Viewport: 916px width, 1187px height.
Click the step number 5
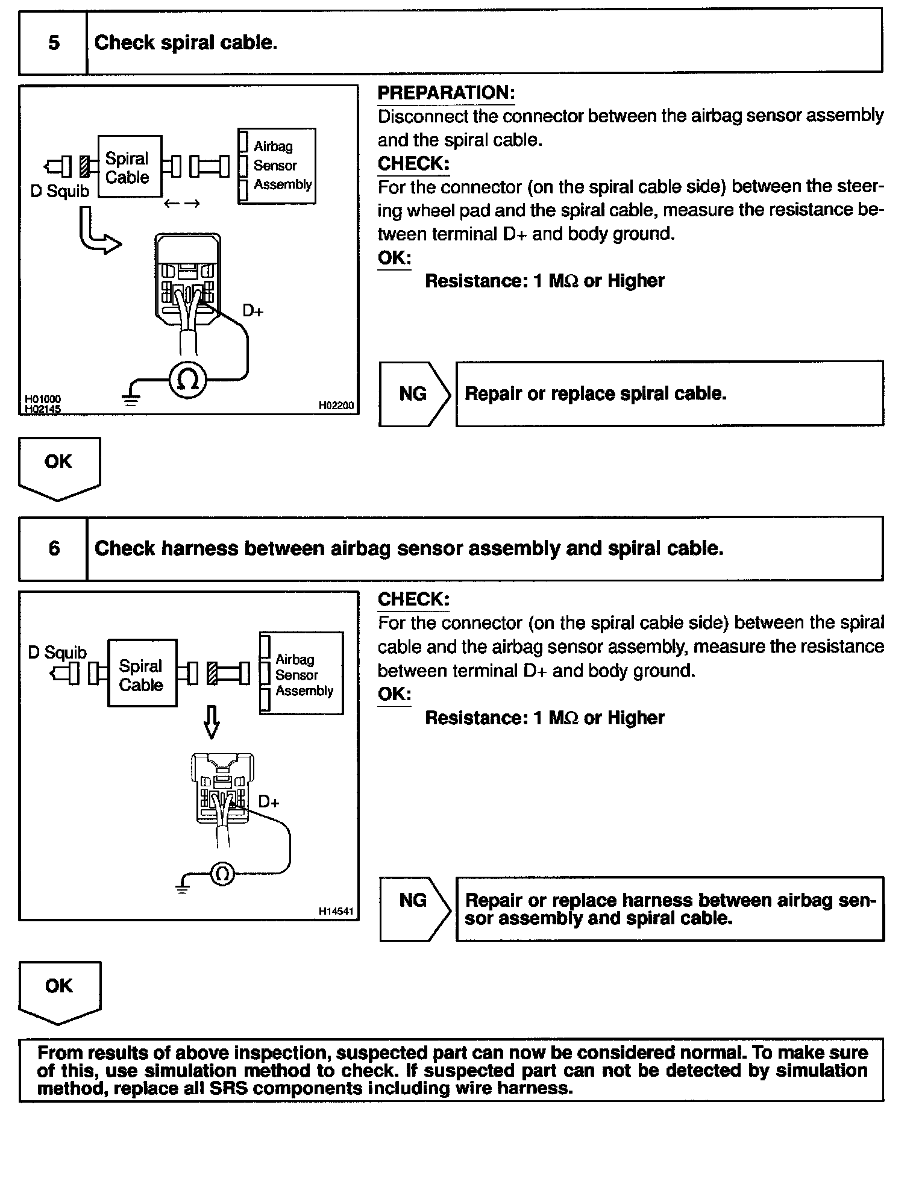(54, 43)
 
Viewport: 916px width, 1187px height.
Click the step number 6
(54, 548)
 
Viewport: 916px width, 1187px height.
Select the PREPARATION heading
(446, 93)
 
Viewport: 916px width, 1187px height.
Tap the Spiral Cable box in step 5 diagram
(129, 167)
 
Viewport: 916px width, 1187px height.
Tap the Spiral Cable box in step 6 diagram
(142, 674)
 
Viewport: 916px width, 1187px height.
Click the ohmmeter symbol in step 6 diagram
(222, 874)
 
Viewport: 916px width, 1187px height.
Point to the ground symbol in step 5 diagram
(131, 398)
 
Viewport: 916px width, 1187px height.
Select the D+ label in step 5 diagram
(253, 312)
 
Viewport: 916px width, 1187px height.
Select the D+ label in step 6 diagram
(269, 802)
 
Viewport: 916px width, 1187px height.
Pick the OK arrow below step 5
(59, 466)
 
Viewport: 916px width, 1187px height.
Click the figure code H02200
(336, 406)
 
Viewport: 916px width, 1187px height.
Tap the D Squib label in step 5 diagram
(60, 192)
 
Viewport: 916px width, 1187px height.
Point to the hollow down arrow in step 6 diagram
(211, 722)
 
